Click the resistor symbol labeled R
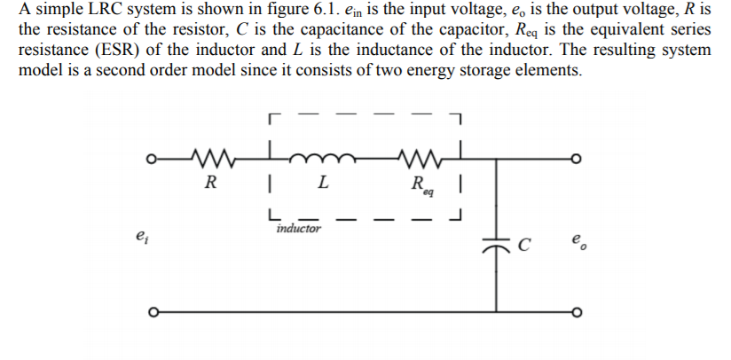[211, 160]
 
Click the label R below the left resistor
[210, 184]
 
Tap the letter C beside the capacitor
[524, 240]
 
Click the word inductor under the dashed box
[298, 228]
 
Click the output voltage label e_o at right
[578, 240]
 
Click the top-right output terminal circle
[577, 161]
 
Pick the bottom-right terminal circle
[577, 312]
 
